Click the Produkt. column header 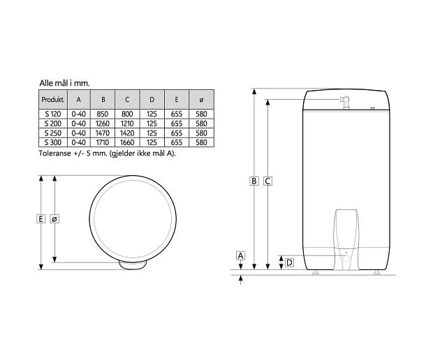pos(53,100)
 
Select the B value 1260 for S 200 pos(103,123)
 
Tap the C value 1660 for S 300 pos(127,142)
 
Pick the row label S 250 pos(53,133)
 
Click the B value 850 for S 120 pos(103,114)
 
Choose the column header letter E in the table pos(177,100)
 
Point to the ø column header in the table pos(201,100)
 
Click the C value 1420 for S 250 pos(127,133)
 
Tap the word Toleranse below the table pos(55,153)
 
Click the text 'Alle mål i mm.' pos(65,83)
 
